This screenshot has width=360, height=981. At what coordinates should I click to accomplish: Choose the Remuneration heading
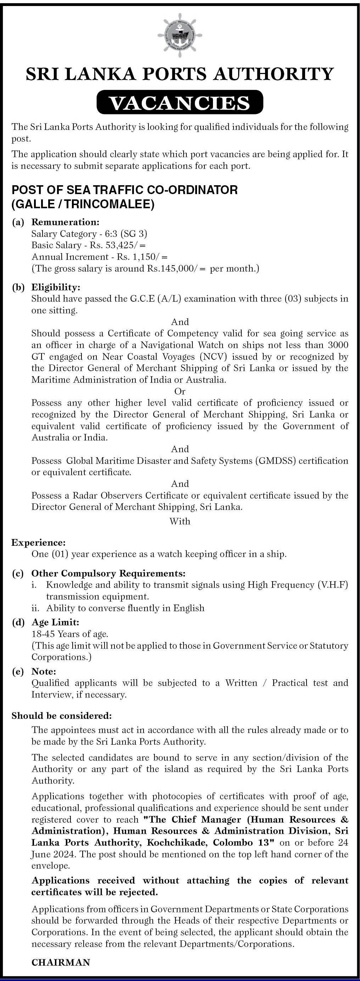pos(65,222)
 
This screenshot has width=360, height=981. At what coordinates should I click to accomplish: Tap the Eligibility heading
pos(56,287)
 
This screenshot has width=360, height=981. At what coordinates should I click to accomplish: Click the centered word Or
pos(180,391)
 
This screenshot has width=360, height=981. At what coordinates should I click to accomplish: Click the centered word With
pos(180,521)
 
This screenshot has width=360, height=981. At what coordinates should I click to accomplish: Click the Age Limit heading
pos(55,622)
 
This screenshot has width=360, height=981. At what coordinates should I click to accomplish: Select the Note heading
pos(44,671)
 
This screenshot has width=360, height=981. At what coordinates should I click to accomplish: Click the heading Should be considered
pos(62,716)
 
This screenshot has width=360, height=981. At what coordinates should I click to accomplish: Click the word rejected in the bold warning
pos(139,892)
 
